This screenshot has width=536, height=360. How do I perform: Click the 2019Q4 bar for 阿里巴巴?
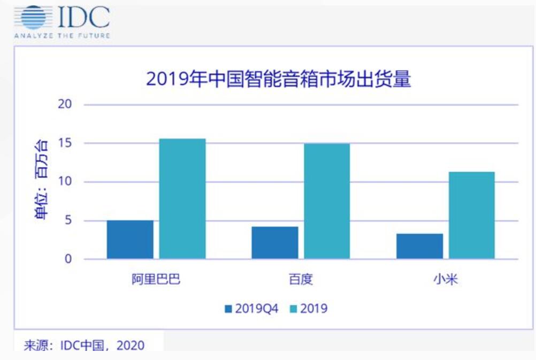(130, 240)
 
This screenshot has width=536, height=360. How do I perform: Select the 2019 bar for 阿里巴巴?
(182, 199)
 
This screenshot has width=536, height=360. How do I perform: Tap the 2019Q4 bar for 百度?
(275, 243)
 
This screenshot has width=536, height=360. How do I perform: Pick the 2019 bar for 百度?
(327, 201)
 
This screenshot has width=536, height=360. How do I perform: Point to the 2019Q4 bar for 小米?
(419, 246)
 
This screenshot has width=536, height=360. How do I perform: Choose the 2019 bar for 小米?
(472, 215)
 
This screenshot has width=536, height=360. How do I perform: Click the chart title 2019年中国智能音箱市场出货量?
(279, 79)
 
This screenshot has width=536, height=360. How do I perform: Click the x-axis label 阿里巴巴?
(156, 280)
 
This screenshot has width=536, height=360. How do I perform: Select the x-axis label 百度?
(301, 280)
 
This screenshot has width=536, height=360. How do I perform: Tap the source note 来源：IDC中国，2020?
(84, 346)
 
